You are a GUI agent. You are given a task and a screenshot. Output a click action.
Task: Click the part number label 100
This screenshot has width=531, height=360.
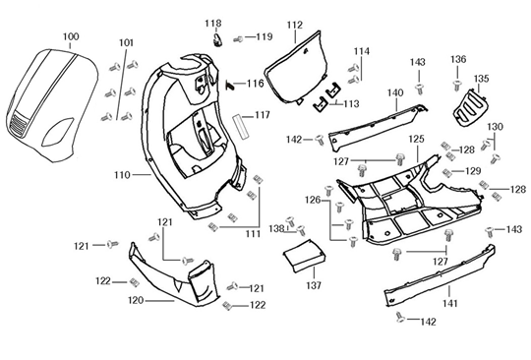pyautogui.click(x=71, y=36)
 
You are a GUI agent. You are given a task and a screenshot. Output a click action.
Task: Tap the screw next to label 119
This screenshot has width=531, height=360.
pyautogui.click(x=238, y=38)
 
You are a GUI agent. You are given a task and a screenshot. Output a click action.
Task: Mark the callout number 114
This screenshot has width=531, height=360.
pyautogui.click(x=362, y=51)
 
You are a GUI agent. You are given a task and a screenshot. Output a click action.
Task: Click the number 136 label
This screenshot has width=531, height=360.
pyautogui.click(x=458, y=59)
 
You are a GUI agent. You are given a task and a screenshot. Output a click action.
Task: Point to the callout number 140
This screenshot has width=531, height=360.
pyautogui.click(x=394, y=93)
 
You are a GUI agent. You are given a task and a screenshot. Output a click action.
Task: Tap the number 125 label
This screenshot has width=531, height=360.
pyautogui.click(x=417, y=140)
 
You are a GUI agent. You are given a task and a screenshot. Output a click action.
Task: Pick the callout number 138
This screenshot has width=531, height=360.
pyautogui.click(x=277, y=228)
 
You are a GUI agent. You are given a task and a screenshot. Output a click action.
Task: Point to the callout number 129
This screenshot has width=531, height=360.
pyautogui.click(x=473, y=171)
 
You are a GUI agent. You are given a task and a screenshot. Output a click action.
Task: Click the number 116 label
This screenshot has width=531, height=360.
pyautogui.click(x=255, y=84)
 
